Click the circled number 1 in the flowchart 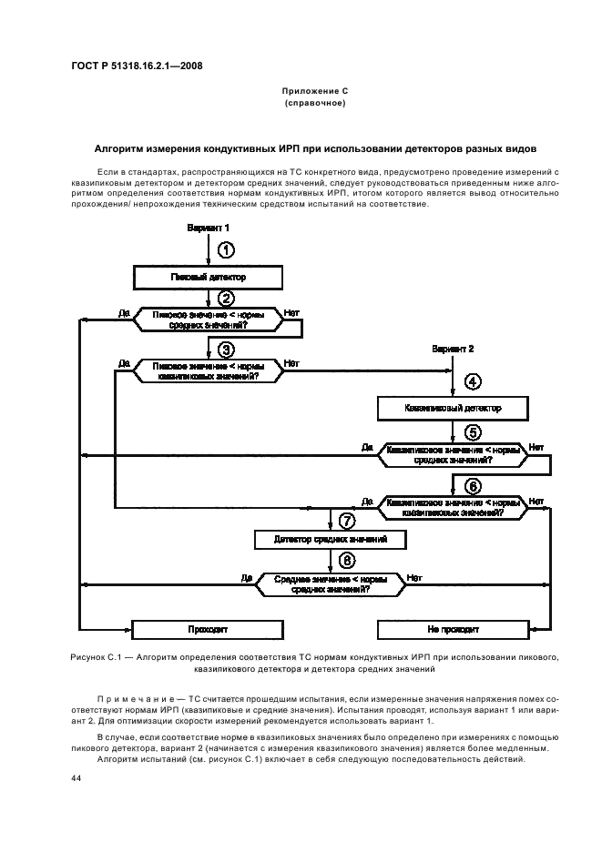[227, 249]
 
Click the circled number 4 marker [472, 382]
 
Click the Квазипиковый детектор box [453, 408]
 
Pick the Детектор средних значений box [331, 540]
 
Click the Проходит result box [208, 628]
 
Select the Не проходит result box [453, 628]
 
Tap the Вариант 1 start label [209, 227]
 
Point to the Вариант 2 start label [453, 349]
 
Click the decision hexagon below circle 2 [209, 318]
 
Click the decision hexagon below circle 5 [453, 453]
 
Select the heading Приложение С [315, 93]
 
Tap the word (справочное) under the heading [315, 105]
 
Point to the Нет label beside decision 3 [291, 363]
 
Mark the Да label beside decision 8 [246, 577]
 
